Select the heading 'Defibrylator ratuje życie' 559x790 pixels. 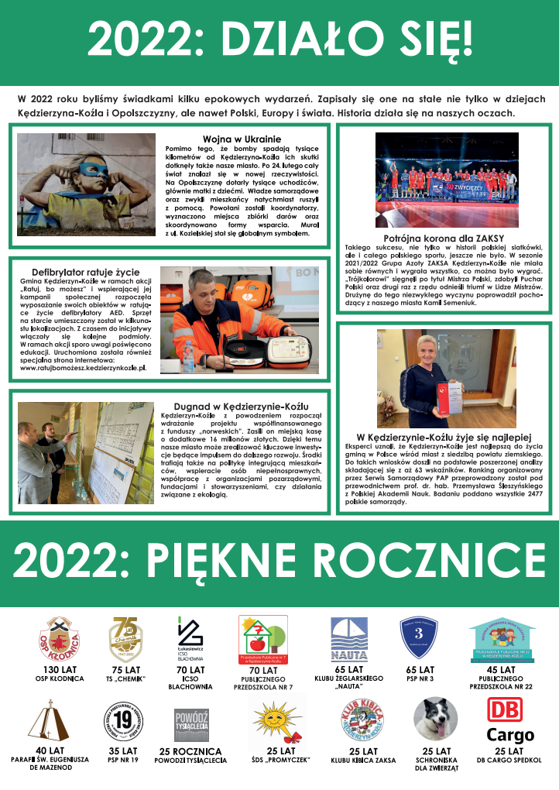(86, 272)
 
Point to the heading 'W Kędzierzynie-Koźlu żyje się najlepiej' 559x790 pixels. (444, 436)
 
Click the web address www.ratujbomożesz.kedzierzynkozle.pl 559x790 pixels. (82, 368)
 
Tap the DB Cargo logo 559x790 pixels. (510, 720)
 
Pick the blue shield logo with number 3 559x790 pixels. (421, 638)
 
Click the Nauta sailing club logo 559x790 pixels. (349, 639)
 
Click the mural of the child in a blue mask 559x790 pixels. (87, 184)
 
